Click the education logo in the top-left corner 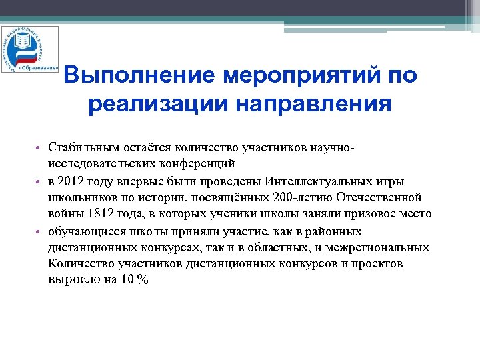[x=29, y=49]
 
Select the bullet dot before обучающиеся [x=39, y=232]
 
